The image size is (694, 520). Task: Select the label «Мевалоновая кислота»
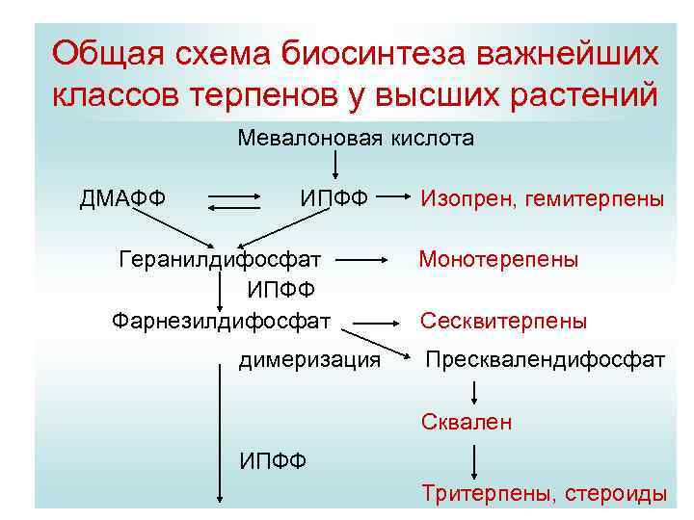pos(356,139)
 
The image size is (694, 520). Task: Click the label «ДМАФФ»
pos(122,199)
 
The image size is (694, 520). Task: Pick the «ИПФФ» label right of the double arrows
pos(333,199)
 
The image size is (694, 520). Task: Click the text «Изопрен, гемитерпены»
pos(542,199)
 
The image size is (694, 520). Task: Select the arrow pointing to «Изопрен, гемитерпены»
pos(393,199)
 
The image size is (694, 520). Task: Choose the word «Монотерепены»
pos(498,259)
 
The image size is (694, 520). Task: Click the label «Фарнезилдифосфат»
pos(221,319)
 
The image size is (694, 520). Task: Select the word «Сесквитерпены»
pos(502,321)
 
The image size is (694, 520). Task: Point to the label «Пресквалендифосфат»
pos(546,359)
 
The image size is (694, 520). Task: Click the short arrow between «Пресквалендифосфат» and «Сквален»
pos(473,391)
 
